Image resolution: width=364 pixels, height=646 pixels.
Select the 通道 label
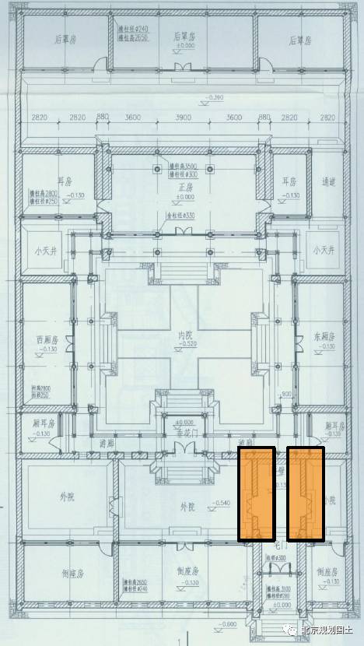click(328, 181)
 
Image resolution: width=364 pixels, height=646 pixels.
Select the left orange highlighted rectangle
click(256, 494)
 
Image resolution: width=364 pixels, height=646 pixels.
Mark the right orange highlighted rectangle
click(305, 494)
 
